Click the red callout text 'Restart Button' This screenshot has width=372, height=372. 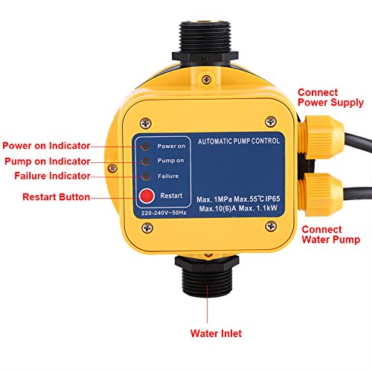pyautogui.click(x=57, y=197)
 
